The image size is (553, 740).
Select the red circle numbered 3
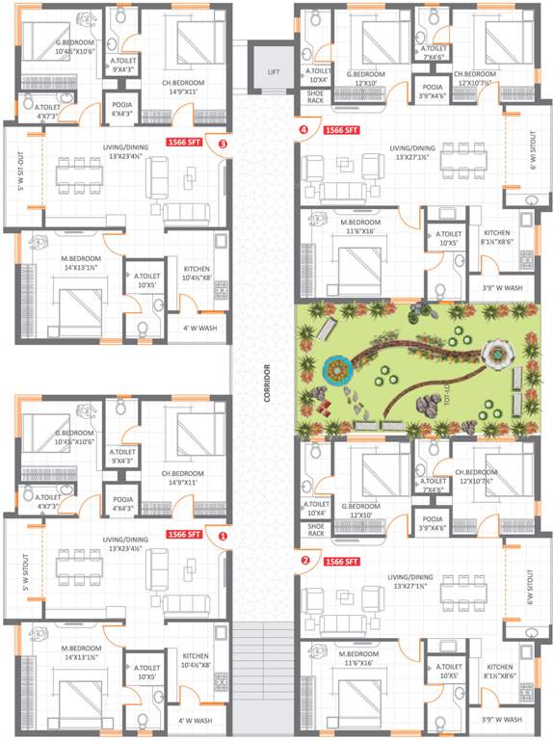[x=224, y=144]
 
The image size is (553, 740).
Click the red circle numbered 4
[x=304, y=128]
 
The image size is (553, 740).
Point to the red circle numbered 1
[x=224, y=535]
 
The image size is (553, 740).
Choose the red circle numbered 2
[x=304, y=560]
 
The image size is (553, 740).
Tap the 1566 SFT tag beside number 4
[x=341, y=128]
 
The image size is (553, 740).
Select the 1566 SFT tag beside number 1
[x=184, y=534]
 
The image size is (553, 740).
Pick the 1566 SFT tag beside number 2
[x=342, y=560]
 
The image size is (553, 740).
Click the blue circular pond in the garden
[x=337, y=368]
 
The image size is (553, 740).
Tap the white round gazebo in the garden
[x=495, y=355]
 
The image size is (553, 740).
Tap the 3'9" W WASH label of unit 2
[x=501, y=720]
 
